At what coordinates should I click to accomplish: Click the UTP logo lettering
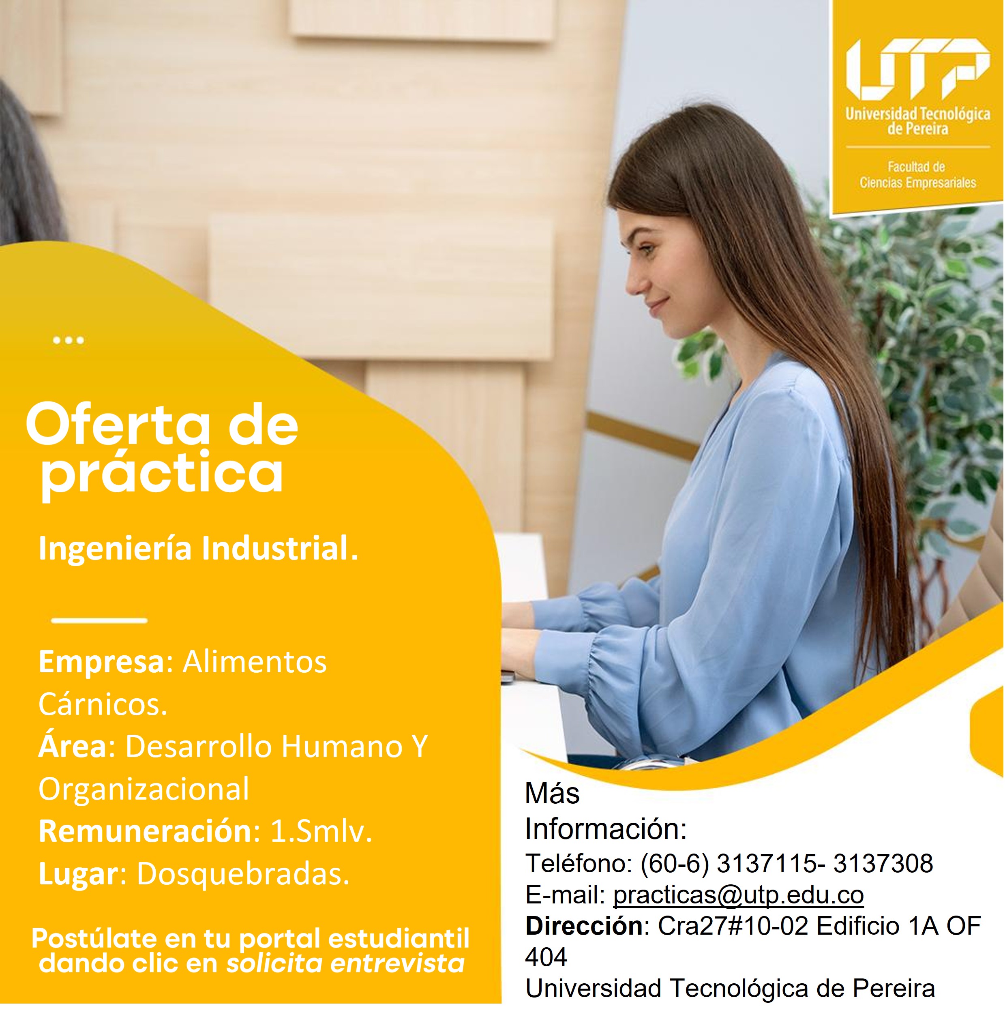coord(917,69)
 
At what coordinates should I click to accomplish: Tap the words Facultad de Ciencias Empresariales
coord(917,175)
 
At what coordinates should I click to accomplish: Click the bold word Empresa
coord(102,663)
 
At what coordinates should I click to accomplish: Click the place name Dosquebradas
coord(243,875)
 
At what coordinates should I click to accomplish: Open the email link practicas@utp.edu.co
coord(738,895)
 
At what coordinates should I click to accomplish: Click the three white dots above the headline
coord(69,340)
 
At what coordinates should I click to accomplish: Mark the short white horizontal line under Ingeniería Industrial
coord(99,620)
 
